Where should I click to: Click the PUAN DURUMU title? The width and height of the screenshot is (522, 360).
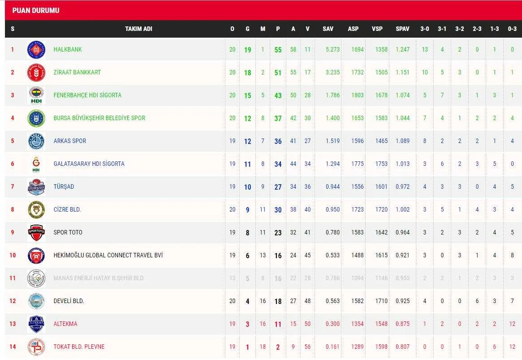click(x=36, y=10)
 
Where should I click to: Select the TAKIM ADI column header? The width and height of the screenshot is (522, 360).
click(x=138, y=29)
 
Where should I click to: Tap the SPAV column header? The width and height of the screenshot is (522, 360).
click(x=402, y=29)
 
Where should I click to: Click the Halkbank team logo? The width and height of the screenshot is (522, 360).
click(x=36, y=50)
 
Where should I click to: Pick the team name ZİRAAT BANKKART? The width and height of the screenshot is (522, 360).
click(x=77, y=72)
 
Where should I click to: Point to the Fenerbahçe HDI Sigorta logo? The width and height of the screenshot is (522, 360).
click(x=36, y=95)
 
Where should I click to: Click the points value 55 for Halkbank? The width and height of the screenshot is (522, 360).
click(x=278, y=50)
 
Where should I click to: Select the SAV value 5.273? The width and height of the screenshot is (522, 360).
click(x=332, y=49)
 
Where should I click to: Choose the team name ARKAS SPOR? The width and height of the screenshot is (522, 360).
click(x=70, y=141)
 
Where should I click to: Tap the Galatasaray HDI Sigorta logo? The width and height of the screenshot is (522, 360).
click(x=36, y=164)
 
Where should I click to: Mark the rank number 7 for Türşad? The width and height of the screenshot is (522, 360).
click(x=13, y=187)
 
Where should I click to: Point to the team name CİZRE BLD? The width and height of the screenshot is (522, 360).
click(x=67, y=209)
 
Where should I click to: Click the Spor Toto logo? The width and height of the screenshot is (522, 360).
click(x=36, y=232)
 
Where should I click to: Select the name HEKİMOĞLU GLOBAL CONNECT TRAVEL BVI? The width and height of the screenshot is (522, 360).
click(x=108, y=255)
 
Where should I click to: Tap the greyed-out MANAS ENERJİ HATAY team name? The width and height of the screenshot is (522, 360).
click(x=99, y=278)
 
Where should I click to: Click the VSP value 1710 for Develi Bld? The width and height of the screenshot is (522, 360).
click(x=381, y=301)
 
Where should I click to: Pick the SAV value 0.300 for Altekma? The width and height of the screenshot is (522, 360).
click(x=332, y=324)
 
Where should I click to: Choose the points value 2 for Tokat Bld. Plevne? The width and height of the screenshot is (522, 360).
click(x=278, y=347)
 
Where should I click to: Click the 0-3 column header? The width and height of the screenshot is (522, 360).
click(x=512, y=29)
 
